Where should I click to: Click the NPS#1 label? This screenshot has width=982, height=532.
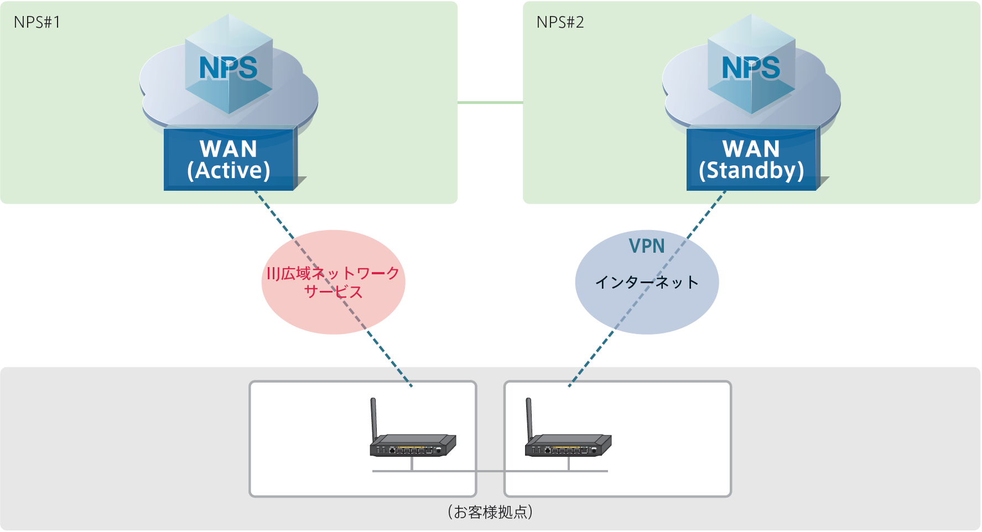(x=37, y=22)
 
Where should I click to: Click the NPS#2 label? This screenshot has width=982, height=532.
(x=560, y=22)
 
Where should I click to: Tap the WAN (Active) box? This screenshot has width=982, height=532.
(x=229, y=159)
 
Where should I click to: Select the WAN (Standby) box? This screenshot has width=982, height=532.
(x=751, y=159)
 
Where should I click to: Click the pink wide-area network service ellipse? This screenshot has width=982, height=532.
(x=333, y=310)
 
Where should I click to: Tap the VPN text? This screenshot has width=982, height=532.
(x=647, y=246)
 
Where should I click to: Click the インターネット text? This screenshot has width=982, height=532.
(x=646, y=283)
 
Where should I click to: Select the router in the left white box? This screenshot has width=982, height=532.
(x=413, y=445)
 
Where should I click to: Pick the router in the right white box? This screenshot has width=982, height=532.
(x=568, y=445)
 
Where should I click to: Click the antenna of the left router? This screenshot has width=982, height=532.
(x=374, y=418)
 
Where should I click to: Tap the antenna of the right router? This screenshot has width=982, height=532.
(x=529, y=418)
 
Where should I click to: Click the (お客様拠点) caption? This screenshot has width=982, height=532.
(x=490, y=512)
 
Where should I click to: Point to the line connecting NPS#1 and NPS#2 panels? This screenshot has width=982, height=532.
(x=490, y=102)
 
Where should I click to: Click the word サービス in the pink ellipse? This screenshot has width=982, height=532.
(x=333, y=292)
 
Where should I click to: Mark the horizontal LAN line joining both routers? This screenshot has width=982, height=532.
(x=490, y=471)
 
